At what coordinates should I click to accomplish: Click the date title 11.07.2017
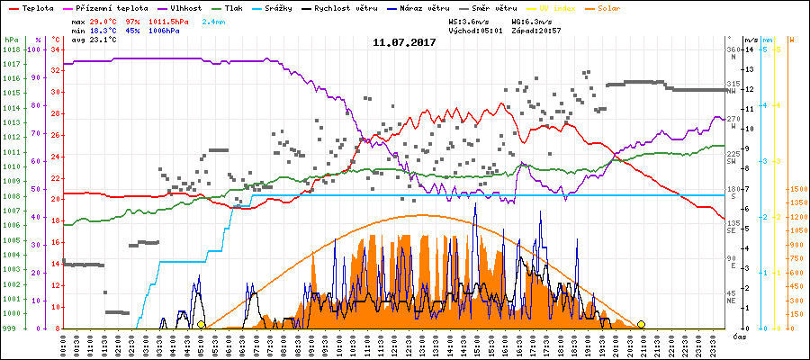[404, 41]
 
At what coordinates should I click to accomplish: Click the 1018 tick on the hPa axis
[11, 49]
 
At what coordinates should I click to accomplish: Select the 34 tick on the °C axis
[56, 49]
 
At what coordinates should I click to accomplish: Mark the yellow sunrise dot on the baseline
[201, 324]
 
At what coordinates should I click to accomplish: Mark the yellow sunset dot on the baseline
[641, 324]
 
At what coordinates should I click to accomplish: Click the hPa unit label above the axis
[11, 40]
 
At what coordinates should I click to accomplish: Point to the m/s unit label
[750, 40]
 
